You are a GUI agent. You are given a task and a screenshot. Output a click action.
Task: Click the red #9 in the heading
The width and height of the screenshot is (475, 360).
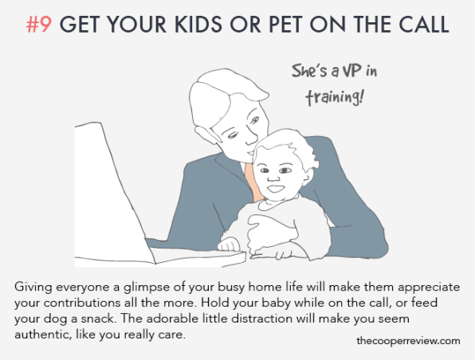coord(39,24)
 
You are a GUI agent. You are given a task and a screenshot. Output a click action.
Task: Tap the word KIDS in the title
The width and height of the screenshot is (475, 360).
coord(198,24)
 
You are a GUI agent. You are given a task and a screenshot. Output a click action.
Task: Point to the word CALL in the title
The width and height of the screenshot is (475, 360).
coord(423,24)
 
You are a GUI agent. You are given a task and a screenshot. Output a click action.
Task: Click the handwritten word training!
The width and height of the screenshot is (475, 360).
coord(334,97)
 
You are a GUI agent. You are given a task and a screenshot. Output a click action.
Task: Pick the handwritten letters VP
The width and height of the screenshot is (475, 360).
coord(351,71)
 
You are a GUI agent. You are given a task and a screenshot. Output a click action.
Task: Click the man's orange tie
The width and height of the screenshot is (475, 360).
coord(254,182)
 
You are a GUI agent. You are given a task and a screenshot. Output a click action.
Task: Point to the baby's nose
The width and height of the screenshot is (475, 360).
coord(273,178)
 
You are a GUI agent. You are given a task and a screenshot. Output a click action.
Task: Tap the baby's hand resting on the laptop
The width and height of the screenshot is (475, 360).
coord(229,244)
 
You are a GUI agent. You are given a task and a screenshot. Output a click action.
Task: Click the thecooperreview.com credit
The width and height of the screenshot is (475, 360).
coord(408,341)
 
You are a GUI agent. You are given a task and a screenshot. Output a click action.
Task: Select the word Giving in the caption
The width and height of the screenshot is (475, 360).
coord(33,287)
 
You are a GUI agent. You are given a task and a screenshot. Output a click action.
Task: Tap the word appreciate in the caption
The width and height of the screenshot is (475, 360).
coord(429,288)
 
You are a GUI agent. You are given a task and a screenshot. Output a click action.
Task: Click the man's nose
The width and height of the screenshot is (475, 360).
coord(252,138)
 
